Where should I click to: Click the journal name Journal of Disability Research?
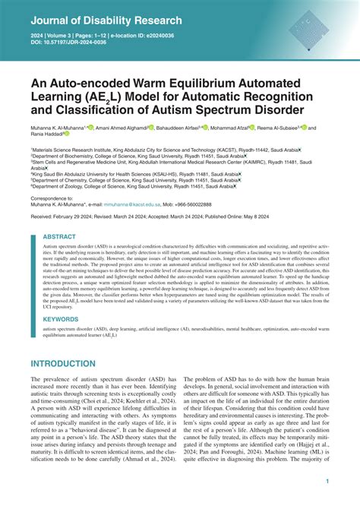[106, 21]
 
